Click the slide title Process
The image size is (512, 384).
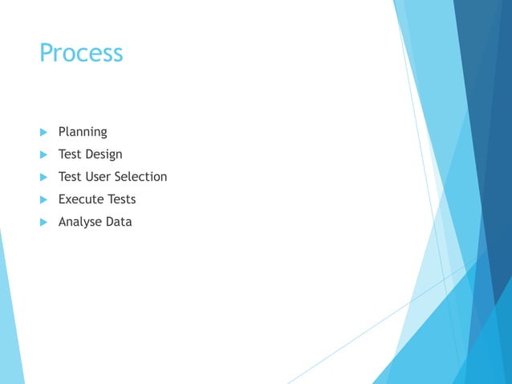[81, 53]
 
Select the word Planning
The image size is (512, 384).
[83, 132]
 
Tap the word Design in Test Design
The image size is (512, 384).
[105, 154]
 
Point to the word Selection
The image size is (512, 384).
[140, 177]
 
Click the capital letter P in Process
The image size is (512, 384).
[47, 53]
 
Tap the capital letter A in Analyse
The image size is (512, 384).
[63, 222]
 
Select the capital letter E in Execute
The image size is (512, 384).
[63, 199]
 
